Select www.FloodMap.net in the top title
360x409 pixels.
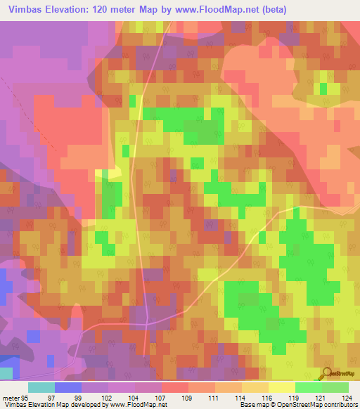(221, 10)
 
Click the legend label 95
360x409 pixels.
(25, 397)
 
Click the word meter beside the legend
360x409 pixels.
(10, 397)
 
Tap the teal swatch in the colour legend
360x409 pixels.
(41, 387)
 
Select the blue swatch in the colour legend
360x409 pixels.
(67, 387)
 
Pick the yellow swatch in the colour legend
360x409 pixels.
(281, 387)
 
